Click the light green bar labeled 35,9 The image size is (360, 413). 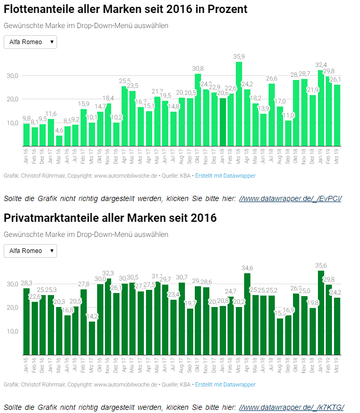pos(239,104)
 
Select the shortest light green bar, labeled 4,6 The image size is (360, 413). pos(59,140)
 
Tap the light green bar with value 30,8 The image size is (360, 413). pos(198,110)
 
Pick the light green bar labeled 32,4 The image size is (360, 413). pos(321,108)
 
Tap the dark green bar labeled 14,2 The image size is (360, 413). pos(92,338)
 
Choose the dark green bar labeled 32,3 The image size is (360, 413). pos(108,317)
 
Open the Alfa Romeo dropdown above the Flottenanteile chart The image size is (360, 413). pos(30,42)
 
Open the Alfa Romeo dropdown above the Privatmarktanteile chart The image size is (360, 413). pos(30,251)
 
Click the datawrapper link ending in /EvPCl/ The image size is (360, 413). pos(290,198)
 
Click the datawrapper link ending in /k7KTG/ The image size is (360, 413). pos(291,407)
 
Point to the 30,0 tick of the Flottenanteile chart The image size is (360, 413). pos(12,76)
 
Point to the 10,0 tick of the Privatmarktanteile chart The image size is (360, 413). pos(12,331)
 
